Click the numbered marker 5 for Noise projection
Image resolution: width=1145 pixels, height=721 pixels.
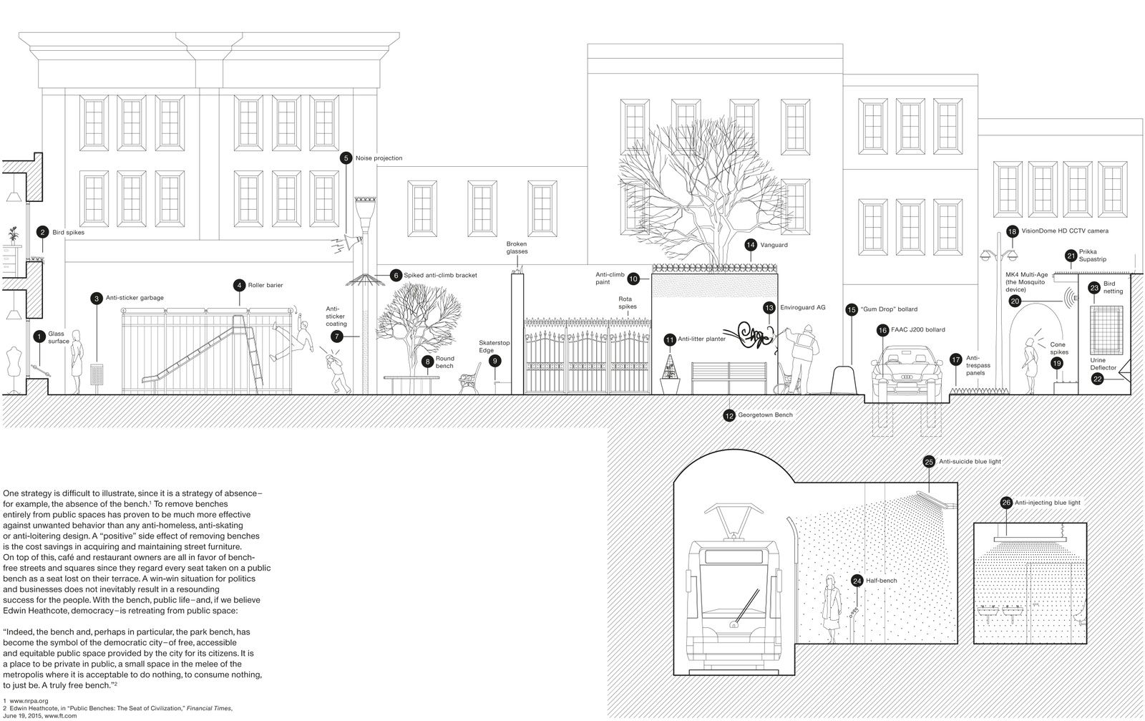(346, 158)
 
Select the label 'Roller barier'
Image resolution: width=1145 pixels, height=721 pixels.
(264, 285)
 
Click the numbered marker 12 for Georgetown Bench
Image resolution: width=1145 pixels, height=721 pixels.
(729, 415)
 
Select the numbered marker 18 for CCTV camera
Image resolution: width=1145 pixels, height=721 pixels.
(1012, 231)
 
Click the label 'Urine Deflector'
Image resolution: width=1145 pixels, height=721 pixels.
(1103, 364)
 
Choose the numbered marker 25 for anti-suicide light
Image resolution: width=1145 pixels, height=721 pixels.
(929, 462)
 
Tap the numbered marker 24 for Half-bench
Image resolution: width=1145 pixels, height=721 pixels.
(857, 581)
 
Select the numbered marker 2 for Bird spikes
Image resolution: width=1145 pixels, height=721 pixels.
(42, 232)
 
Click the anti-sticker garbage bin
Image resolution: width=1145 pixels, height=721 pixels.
(97, 375)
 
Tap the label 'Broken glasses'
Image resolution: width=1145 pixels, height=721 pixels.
(517, 248)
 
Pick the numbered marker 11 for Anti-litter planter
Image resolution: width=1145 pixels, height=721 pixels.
(670, 339)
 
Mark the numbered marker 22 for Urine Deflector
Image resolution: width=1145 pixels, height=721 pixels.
(1098, 379)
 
